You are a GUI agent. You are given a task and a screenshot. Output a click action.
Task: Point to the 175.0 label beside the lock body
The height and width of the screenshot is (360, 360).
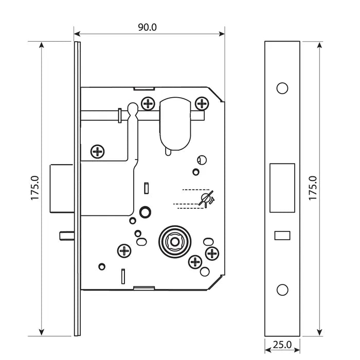(x=35, y=189)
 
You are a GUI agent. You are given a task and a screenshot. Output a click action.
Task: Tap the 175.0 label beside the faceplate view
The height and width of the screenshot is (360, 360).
(x=312, y=189)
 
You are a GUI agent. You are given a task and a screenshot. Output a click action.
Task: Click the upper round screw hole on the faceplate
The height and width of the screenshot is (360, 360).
(x=282, y=88)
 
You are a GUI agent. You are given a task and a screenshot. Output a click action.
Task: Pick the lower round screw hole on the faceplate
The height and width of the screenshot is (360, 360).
(x=282, y=290)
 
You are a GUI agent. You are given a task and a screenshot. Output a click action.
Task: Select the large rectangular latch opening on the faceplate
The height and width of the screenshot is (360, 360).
(x=282, y=188)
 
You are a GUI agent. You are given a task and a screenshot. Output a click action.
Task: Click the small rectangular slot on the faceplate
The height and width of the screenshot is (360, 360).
(x=281, y=236)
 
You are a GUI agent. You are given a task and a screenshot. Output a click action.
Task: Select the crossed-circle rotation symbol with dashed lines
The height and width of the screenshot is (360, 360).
(x=208, y=197)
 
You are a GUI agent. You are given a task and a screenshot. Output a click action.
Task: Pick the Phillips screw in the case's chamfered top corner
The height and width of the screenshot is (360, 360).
(x=203, y=104)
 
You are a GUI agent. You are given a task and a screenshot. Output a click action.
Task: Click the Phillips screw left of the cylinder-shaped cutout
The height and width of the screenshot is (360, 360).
(x=149, y=104)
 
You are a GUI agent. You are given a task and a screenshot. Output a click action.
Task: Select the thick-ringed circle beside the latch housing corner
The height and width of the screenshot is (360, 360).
(x=145, y=212)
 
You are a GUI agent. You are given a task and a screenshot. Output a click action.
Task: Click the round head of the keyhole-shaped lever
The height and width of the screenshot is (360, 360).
(x=132, y=110)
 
